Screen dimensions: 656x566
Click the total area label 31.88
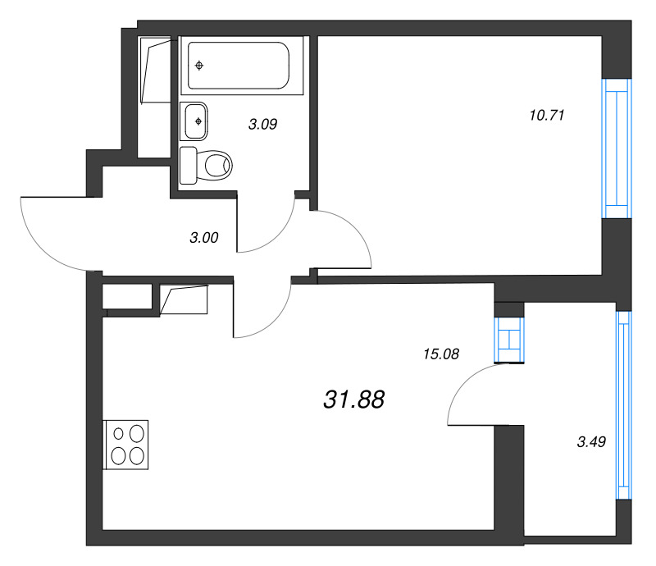[354, 399]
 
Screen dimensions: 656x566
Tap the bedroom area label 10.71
[547, 115]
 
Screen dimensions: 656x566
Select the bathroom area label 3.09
[262, 125]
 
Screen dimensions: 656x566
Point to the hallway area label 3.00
[203, 238]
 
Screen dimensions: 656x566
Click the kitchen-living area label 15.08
[441, 354]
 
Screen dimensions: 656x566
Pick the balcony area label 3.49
[591, 441]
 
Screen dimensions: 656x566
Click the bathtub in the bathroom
[239, 66]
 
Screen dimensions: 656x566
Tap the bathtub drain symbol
[199, 66]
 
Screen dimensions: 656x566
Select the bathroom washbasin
[194, 121]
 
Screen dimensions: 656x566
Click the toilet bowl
[218, 166]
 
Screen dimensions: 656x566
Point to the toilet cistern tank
[189, 166]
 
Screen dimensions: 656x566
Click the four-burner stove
[125, 445]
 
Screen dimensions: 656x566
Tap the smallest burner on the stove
[118, 434]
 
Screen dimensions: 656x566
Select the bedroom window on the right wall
[617, 148]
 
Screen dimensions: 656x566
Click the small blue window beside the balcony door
[509, 340]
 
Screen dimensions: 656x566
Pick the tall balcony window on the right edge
[624, 405]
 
